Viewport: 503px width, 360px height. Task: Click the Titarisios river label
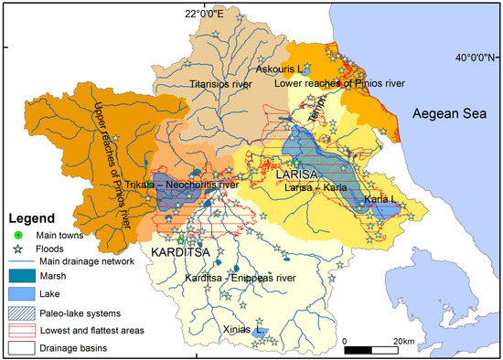pyautogui.click(x=219, y=83)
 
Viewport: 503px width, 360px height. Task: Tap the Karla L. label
pyautogui.click(x=381, y=198)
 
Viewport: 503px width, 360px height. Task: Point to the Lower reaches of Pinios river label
pyautogui.click(x=339, y=84)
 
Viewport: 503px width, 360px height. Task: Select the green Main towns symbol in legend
pyautogui.click(x=17, y=236)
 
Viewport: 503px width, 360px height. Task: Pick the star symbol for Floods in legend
pyautogui.click(x=17, y=248)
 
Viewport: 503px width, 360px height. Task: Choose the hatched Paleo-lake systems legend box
pyautogui.click(x=22, y=313)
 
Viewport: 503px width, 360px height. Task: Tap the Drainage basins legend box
pyautogui.click(x=22, y=347)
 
